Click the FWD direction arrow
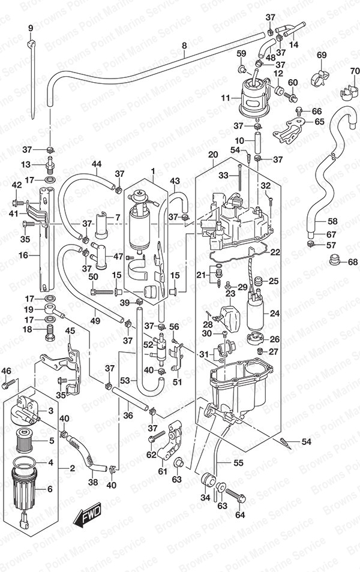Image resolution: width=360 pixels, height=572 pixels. coord(87,517)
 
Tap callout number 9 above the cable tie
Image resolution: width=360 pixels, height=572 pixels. coord(31,28)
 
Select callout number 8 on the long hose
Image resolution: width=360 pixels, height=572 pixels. coord(184,46)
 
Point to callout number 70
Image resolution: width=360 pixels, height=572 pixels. coord(355,71)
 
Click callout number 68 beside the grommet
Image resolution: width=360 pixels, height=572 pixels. coord(353,262)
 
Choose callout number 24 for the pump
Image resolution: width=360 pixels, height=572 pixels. coord(275,313)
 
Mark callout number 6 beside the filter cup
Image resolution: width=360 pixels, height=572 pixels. coord(50,489)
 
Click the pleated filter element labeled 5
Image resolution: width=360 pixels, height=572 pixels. coord(25,440)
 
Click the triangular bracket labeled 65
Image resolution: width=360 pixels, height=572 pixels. coord(289,131)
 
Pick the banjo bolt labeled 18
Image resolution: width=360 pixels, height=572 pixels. coord(50,332)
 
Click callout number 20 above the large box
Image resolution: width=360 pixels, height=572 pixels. coord(213,155)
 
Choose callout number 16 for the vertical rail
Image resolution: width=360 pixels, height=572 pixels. coord(23,255)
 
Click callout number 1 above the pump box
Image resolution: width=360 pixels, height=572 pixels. coord(153,171)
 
